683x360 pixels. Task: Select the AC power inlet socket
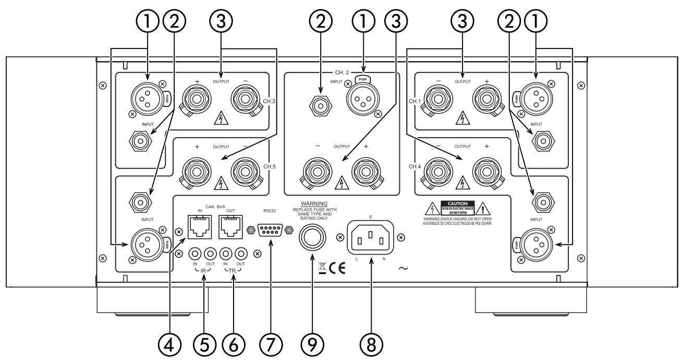371,238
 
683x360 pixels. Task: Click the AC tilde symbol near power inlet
403,268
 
